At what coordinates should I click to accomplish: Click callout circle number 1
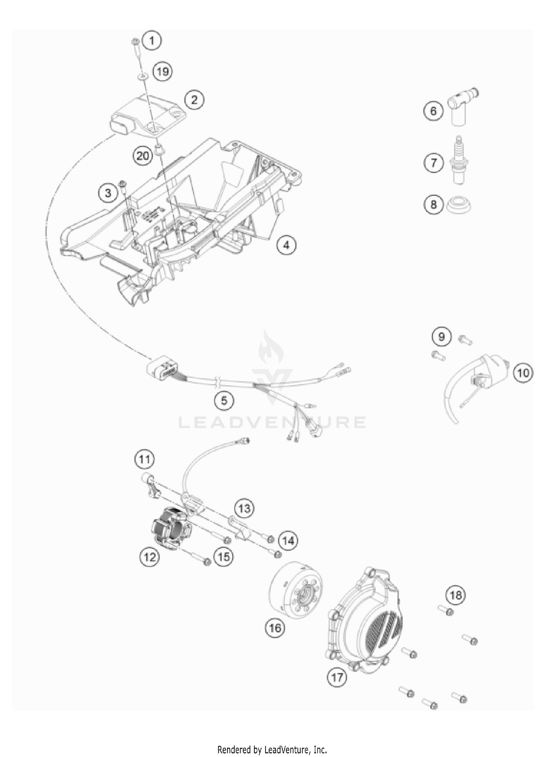pyautogui.click(x=152, y=40)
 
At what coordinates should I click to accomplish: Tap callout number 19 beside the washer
pyautogui.click(x=162, y=71)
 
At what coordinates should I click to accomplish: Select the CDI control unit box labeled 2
pyautogui.click(x=145, y=115)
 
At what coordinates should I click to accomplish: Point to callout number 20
pyautogui.click(x=143, y=156)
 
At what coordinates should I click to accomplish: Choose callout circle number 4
pyautogui.click(x=286, y=246)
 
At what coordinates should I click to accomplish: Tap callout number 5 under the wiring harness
pyautogui.click(x=224, y=400)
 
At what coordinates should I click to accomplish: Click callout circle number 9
pyautogui.click(x=441, y=337)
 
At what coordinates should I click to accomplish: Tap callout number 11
pyautogui.click(x=145, y=459)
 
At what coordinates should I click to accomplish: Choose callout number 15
pyautogui.click(x=224, y=556)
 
